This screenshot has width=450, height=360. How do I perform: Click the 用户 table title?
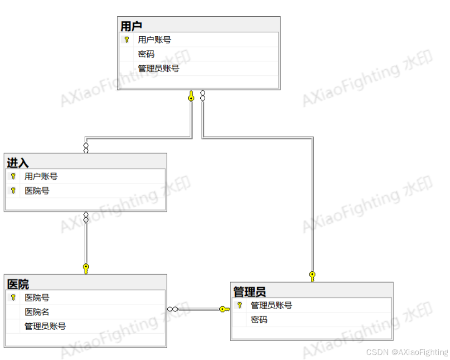[x=131, y=25]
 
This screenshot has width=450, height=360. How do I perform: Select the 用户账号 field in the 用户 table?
[x=154, y=40]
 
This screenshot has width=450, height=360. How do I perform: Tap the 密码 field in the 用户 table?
[x=146, y=54]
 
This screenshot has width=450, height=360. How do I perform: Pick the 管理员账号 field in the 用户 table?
[x=158, y=69]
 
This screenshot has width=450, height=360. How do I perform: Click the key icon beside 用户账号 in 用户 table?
[x=127, y=40]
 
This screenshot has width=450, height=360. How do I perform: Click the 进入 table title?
[x=18, y=162]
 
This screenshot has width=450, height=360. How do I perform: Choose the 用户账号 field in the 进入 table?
[x=41, y=177]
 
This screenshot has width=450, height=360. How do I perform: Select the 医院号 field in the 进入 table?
[x=37, y=191]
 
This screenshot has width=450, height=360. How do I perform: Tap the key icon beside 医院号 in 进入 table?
[x=13, y=191]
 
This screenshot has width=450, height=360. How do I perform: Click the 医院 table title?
[x=18, y=284]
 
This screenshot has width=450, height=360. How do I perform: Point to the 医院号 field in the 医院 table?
[x=37, y=298]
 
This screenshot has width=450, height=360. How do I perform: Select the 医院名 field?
[x=37, y=312]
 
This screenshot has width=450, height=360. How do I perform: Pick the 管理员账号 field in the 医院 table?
[x=45, y=326]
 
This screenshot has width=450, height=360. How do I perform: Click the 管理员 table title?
[x=249, y=291]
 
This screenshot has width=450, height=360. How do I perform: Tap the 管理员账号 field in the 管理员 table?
[x=271, y=306]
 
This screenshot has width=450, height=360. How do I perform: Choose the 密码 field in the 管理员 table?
[x=259, y=320]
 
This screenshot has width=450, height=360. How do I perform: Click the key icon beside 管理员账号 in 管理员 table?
[x=240, y=306]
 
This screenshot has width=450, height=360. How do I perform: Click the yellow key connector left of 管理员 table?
[x=224, y=309]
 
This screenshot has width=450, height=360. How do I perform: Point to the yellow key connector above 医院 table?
[x=86, y=269]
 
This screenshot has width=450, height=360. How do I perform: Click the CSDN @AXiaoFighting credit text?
[x=406, y=352]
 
